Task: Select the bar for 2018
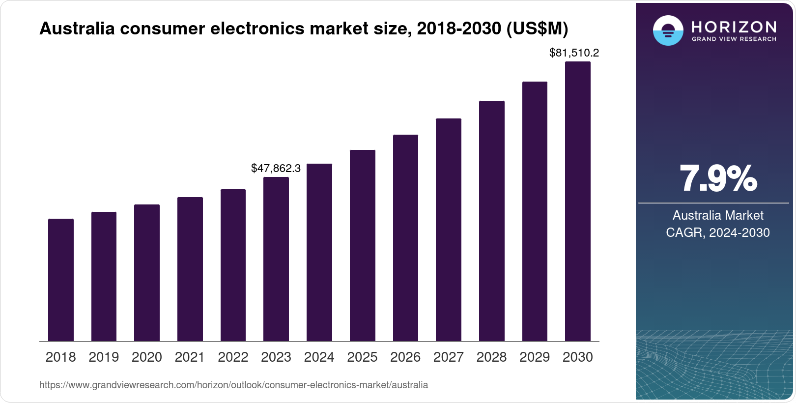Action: click(61, 280)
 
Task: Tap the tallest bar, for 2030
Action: click(578, 201)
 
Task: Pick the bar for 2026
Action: click(405, 238)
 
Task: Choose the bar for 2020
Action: click(147, 273)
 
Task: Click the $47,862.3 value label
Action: click(276, 169)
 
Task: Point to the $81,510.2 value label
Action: click(574, 53)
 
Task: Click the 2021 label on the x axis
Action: click(190, 357)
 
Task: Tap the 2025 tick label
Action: click(362, 357)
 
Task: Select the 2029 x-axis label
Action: click(535, 357)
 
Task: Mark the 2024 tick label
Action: click(319, 357)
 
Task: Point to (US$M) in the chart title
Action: click(537, 29)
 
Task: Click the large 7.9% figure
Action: click(718, 179)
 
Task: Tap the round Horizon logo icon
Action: click(668, 30)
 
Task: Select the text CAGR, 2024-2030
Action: click(717, 232)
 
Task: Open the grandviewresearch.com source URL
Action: click(233, 385)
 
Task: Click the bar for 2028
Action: click(491, 221)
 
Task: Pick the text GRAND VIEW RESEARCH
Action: click(734, 39)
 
